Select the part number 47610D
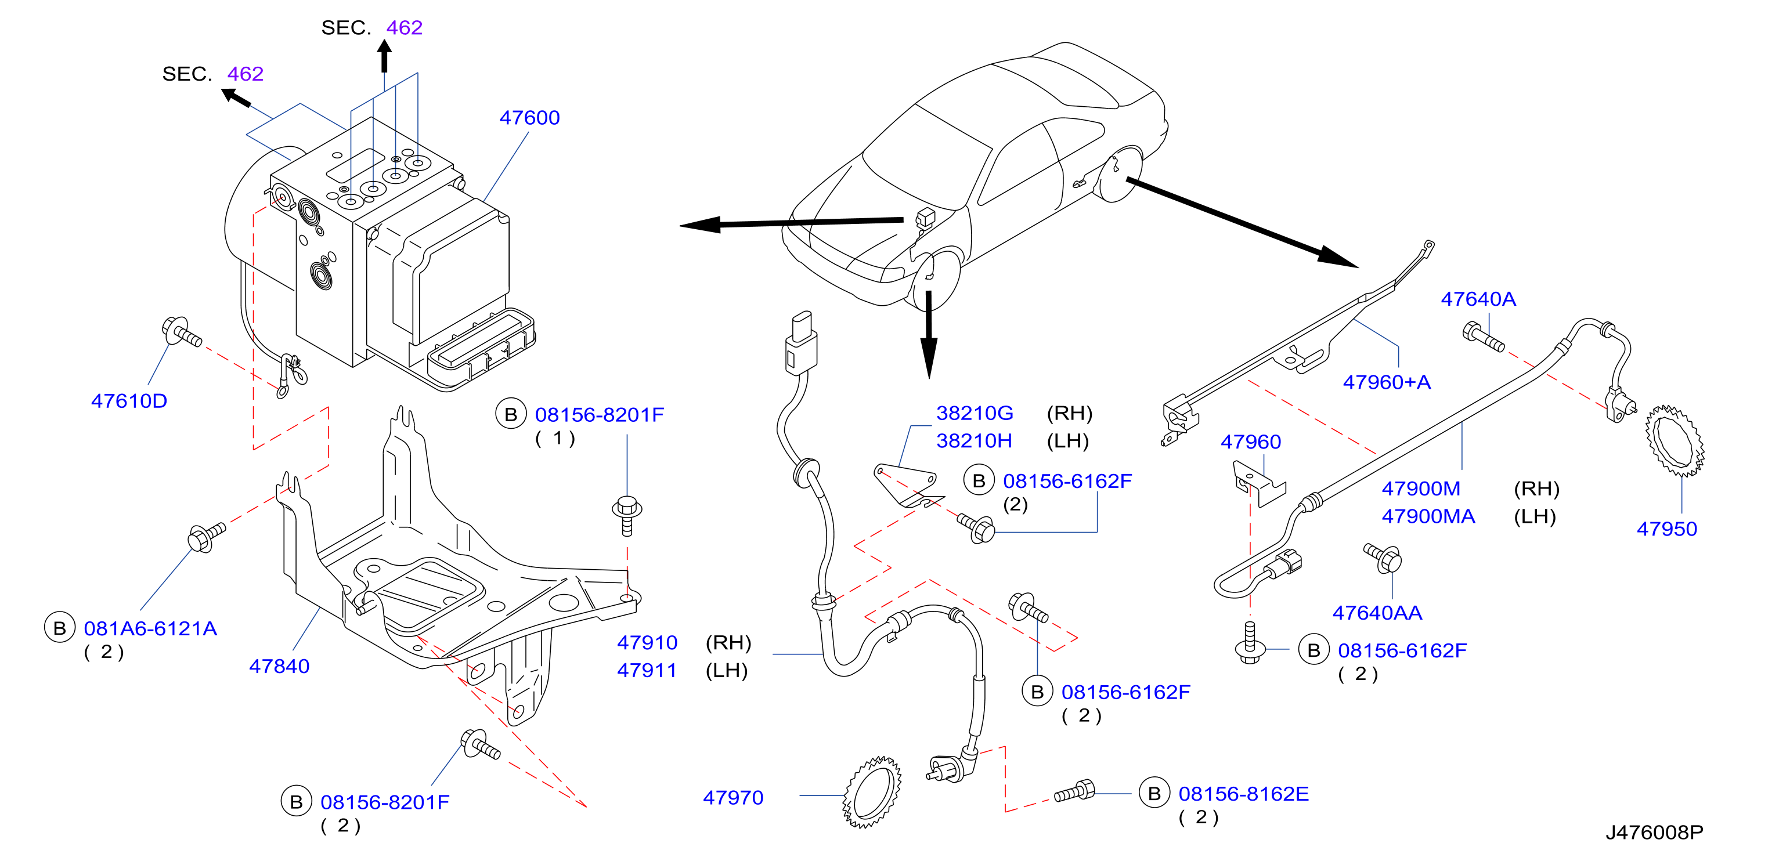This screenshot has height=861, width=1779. click(x=129, y=400)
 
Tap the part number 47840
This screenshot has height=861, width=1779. click(x=279, y=665)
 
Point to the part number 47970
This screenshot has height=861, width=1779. click(x=732, y=798)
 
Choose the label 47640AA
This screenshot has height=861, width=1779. click(x=1377, y=613)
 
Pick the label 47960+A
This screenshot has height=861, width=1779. click(x=1387, y=382)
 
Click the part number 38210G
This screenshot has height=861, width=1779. click(x=975, y=413)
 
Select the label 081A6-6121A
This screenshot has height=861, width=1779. click(x=150, y=628)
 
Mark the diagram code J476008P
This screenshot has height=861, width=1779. click(x=1654, y=832)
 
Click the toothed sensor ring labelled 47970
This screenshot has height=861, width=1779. click(x=873, y=792)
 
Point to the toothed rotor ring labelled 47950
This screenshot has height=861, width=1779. click(x=1675, y=440)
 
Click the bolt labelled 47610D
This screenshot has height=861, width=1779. click(x=182, y=331)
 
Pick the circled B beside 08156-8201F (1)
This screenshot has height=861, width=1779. click(x=510, y=414)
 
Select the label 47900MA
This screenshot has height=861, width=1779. click(x=1428, y=516)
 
